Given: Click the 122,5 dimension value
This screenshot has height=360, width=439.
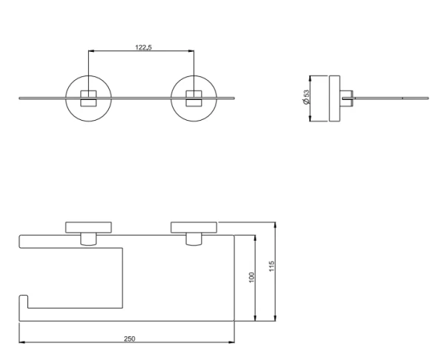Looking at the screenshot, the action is [143, 47].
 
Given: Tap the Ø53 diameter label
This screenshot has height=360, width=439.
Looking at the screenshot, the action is [306, 97].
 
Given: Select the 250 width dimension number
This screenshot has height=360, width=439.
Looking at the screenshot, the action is [129, 339].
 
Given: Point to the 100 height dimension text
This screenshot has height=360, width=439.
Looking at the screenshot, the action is [251, 277].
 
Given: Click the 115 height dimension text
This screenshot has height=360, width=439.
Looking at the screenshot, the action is [271, 266].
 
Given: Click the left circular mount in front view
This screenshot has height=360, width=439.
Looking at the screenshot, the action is [65, 99].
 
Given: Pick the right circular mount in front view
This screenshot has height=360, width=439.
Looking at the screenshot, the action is [171, 99].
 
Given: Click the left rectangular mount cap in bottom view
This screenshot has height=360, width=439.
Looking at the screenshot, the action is [88, 227].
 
